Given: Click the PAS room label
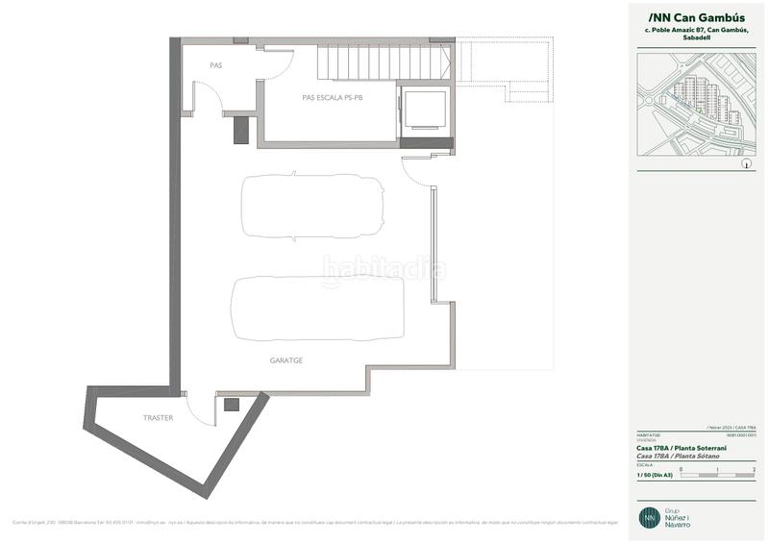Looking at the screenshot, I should tap(215, 65).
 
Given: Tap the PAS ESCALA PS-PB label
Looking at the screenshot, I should tap(332, 97).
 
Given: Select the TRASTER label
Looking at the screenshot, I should tap(159, 418).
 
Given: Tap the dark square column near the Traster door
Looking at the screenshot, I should tap(231, 406).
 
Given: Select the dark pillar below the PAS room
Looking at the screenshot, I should tap(240, 131).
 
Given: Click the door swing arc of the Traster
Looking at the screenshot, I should tap(199, 411).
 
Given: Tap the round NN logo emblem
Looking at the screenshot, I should tap(651, 516).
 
